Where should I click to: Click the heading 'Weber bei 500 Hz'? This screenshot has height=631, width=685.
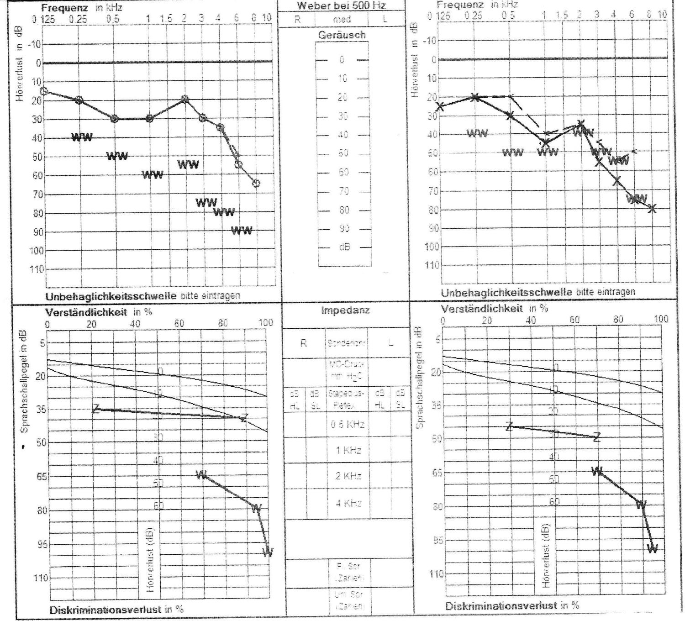pyautogui.click(x=341, y=6)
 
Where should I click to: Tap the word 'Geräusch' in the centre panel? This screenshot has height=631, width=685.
pyautogui.click(x=342, y=35)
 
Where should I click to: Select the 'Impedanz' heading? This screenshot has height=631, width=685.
pyautogui.click(x=346, y=310)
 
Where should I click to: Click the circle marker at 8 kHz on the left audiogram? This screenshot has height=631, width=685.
pyautogui.click(x=256, y=183)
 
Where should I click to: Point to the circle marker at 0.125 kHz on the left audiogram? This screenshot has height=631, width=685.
pyautogui.click(x=44, y=91)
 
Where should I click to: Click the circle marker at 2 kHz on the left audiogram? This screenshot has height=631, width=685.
pyautogui.click(x=184, y=99)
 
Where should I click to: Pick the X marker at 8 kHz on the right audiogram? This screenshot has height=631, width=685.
pyautogui.click(x=652, y=209)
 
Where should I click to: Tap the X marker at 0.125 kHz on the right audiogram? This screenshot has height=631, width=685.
pyautogui.click(x=440, y=106)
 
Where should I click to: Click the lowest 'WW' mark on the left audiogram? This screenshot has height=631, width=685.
pyautogui.click(x=242, y=231)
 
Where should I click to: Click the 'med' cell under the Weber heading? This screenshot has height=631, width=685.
pyautogui.click(x=342, y=19)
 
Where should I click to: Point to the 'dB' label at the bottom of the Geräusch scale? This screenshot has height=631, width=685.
pyautogui.click(x=344, y=247)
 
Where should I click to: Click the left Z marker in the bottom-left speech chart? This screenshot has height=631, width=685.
pyautogui.click(x=96, y=409)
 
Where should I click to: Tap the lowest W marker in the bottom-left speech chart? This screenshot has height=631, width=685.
pyautogui.click(x=268, y=552)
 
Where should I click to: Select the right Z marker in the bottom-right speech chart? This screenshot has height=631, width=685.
pyautogui.click(x=596, y=437)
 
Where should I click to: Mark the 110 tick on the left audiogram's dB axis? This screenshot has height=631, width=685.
pyautogui.click(x=37, y=269)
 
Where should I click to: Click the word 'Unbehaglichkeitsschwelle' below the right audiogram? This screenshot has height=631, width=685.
pyautogui.click(x=506, y=292)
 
